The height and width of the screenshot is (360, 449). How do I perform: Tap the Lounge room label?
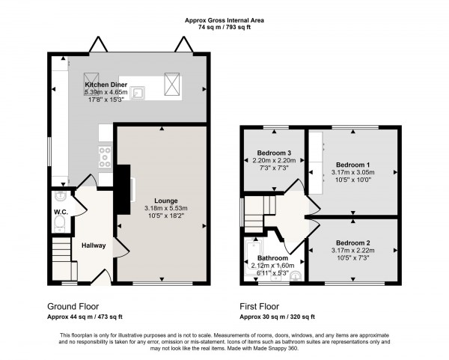[x=165, y=201]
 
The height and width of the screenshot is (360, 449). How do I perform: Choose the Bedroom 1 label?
[x=352, y=164]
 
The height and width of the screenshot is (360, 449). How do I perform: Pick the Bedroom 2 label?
[x=352, y=243]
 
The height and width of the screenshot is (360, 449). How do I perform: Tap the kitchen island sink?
[x=138, y=93]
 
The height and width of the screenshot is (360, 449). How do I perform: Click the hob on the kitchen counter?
[x=104, y=156]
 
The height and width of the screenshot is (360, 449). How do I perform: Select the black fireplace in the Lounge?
[x=122, y=185]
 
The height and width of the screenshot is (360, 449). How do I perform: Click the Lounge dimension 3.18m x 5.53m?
[x=165, y=209]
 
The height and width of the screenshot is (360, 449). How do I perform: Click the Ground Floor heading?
[x=73, y=306]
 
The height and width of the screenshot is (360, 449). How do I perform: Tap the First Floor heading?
[x=260, y=306]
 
